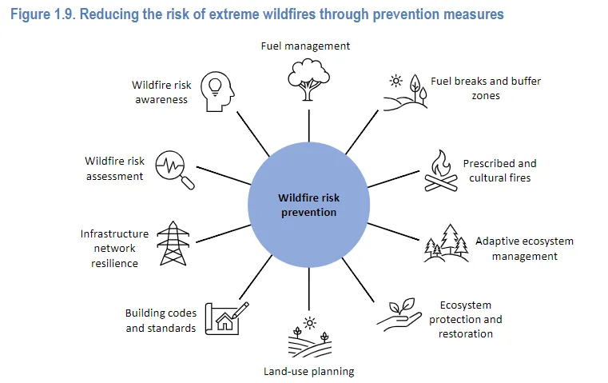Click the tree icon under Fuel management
[308, 79]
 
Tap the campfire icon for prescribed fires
[441, 171]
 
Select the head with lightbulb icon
[217, 92]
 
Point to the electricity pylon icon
[173, 243]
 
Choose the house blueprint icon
[227, 318]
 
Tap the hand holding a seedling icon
[399, 314]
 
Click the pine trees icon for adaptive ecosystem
[446, 243]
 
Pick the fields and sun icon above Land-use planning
[309, 337]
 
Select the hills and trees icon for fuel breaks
[406, 93]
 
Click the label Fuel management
[305, 46]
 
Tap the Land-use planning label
[309, 371]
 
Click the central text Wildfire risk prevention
[309, 205]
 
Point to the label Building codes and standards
[161, 321]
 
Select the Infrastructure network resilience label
[114, 249]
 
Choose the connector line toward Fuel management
[309, 126]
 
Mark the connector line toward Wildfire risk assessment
[224, 175]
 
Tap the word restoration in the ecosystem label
[466, 333]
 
